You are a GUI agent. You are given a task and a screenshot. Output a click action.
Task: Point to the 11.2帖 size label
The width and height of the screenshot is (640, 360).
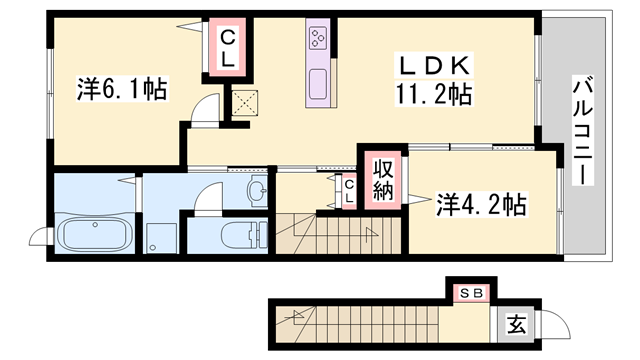coord(433,95)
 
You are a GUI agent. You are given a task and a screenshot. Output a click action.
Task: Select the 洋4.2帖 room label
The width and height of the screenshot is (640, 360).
coord(481,205)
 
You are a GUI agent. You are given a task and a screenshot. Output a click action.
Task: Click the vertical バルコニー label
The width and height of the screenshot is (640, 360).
coord(580,131)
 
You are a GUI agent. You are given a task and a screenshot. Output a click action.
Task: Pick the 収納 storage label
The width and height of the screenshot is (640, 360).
coord(382,179)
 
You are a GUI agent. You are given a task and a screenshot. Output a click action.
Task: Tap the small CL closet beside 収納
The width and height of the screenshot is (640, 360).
coord(348,191)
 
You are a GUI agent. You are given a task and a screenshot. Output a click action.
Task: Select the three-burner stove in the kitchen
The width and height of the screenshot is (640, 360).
coord(320,40)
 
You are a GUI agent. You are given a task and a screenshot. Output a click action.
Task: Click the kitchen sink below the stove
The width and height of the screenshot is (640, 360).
coord(320,85)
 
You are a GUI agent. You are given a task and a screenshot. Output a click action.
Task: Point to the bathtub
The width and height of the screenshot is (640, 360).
coord(93,237)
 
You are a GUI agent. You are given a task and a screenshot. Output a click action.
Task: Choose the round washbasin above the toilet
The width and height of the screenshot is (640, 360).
coord(256,190)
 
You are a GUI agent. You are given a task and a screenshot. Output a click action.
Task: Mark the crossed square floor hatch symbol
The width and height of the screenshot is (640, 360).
coord(245,102)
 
